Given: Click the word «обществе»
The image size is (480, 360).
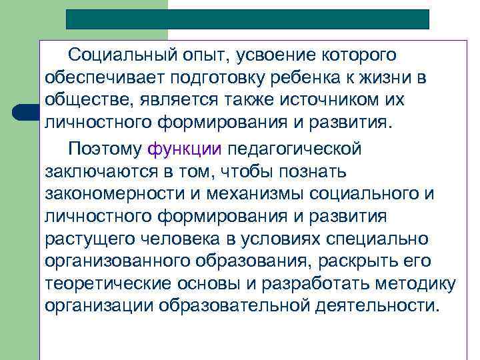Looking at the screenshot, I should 83,100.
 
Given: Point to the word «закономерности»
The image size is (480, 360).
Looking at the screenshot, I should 108,193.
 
